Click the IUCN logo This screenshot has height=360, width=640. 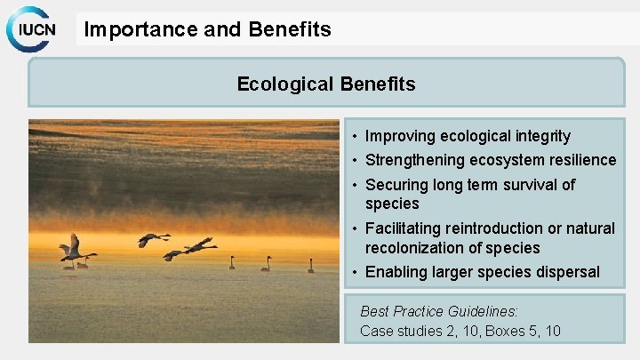(32, 30)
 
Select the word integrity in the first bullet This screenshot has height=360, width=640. (540, 136)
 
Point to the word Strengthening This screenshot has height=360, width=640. (415, 160)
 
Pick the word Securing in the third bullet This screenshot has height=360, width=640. (396, 185)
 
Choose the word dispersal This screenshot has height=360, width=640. (565, 272)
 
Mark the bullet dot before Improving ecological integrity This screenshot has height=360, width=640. (354, 137)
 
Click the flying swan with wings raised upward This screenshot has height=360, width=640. (71, 247)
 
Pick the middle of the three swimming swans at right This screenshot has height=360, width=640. (265, 265)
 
